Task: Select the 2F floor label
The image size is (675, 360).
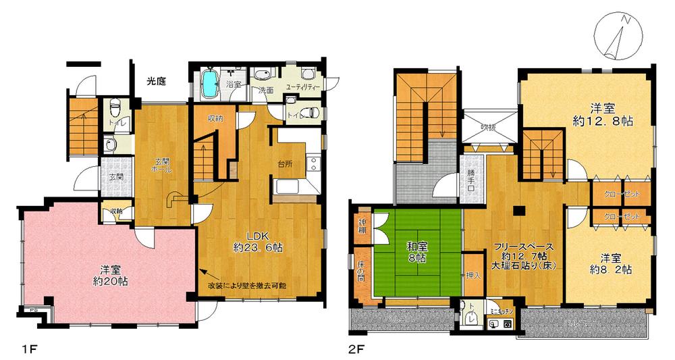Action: coord(356,349)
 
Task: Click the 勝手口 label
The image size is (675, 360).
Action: coord(472,179)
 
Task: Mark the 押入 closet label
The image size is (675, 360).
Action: coord(474,276)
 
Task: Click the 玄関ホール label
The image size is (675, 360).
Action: coord(163,165)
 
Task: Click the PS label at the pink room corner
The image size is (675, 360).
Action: coord(31,311)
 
